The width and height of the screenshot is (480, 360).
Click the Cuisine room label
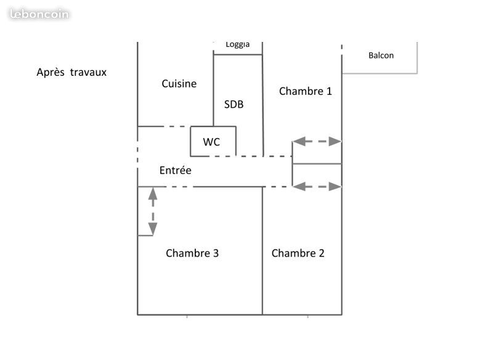click(x=179, y=84)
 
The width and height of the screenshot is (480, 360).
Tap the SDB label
click(x=234, y=105)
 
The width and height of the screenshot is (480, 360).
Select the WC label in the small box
click(x=211, y=142)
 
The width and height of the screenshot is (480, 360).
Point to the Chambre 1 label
click(x=306, y=91)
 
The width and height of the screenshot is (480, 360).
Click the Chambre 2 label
click(x=298, y=253)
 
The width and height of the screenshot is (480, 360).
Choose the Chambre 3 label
click(x=192, y=253)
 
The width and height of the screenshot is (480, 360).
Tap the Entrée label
click(x=176, y=171)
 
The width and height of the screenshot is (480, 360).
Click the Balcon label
click(x=381, y=55)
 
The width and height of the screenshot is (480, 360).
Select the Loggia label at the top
click(x=238, y=44)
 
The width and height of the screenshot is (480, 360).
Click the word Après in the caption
click(x=50, y=72)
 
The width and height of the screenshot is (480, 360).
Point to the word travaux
click(x=88, y=72)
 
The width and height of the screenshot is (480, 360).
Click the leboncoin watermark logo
click(x=39, y=14)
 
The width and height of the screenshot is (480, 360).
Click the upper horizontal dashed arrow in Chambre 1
click(x=317, y=141)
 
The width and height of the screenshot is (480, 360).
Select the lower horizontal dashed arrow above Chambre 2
click(x=317, y=186)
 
